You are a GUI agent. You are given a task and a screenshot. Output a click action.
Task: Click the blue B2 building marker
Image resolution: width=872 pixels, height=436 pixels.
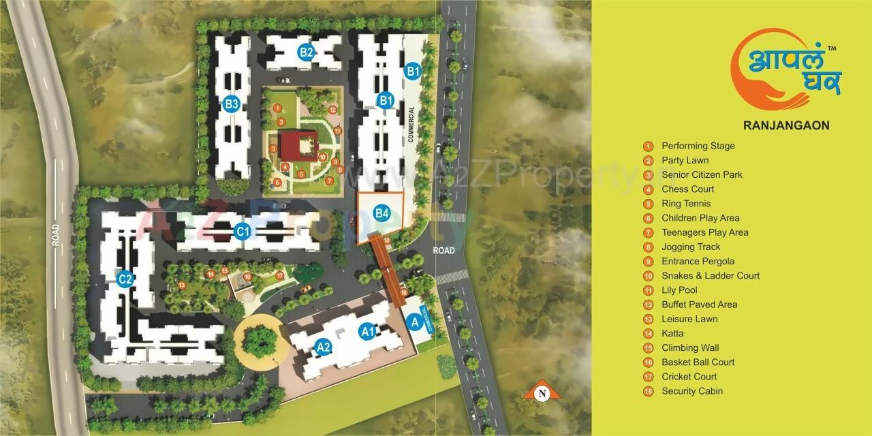[306, 52]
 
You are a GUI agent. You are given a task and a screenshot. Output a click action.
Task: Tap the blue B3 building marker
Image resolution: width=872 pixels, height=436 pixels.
[232, 104]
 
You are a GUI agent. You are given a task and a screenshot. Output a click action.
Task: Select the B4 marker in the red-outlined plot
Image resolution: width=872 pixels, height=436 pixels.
[382, 213]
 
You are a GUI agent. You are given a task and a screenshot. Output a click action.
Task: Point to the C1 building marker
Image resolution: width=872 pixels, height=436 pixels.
[243, 232]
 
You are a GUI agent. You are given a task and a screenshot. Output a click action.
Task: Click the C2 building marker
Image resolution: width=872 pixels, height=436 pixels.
[124, 279]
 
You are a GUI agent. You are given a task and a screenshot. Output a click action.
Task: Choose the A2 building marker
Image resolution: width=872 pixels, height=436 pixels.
[324, 347]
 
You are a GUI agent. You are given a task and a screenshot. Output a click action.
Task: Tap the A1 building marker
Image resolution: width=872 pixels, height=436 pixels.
[368, 332]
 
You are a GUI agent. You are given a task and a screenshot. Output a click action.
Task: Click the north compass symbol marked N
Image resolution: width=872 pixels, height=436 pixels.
[542, 391]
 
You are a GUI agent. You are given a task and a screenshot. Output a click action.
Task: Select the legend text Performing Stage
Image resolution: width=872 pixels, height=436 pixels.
[698, 146]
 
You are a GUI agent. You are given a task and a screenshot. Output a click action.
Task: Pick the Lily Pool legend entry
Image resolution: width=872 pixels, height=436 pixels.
[679, 290]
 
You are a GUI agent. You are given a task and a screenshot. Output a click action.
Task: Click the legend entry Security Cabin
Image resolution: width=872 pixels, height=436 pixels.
[691, 391]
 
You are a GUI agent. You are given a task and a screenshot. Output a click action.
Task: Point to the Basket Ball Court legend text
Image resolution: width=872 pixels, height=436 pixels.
[698, 362]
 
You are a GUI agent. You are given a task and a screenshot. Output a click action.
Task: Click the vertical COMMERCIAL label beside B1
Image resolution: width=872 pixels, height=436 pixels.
[411, 124]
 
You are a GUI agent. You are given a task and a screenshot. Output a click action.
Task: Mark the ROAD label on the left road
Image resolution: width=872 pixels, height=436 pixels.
[56, 235]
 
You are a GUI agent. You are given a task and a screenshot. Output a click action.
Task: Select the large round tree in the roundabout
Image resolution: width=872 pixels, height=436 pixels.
[260, 340]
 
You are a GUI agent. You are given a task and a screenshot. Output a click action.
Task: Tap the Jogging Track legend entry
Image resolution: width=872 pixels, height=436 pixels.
[691, 247]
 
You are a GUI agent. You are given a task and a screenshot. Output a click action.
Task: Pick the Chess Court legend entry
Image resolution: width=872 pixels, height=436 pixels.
[687, 189]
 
